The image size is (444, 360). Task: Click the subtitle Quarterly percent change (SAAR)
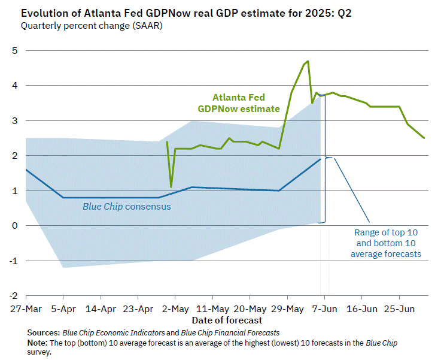(91, 26)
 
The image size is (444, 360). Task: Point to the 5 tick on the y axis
(14, 51)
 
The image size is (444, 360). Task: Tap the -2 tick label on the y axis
(13, 295)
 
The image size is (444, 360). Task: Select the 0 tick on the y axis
(14, 226)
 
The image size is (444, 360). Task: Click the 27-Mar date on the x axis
(26, 309)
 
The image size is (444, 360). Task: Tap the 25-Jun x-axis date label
(399, 309)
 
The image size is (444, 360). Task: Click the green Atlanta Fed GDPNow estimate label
(239, 103)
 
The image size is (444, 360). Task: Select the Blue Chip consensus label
(126, 207)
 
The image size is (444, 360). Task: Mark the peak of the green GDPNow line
(308, 61)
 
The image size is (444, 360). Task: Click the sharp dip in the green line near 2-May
(171, 187)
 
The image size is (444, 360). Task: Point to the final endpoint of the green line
(424, 138)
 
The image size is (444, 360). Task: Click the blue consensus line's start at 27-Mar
(26, 170)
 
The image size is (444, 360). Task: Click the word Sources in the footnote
(43, 332)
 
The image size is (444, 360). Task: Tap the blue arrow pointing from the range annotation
(353, 190)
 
